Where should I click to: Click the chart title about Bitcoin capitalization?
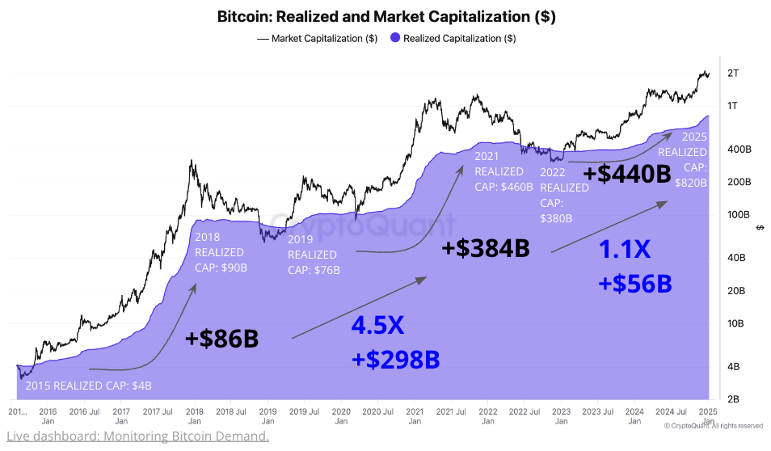[386, 16]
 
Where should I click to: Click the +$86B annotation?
[221, 339]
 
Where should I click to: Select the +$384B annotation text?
[486, 249]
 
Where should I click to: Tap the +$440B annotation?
[626, 174]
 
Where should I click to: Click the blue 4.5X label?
[377, 326]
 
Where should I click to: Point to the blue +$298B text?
[395, 359]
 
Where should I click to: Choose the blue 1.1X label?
[625, 251]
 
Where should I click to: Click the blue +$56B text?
[635, 284]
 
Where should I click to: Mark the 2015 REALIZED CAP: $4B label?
[88, 386]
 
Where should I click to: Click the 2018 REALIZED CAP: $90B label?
[221, 252]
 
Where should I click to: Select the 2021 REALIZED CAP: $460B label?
[503, 172]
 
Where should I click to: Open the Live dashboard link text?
[137, 436]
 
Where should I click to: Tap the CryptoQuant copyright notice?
[714, 426]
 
